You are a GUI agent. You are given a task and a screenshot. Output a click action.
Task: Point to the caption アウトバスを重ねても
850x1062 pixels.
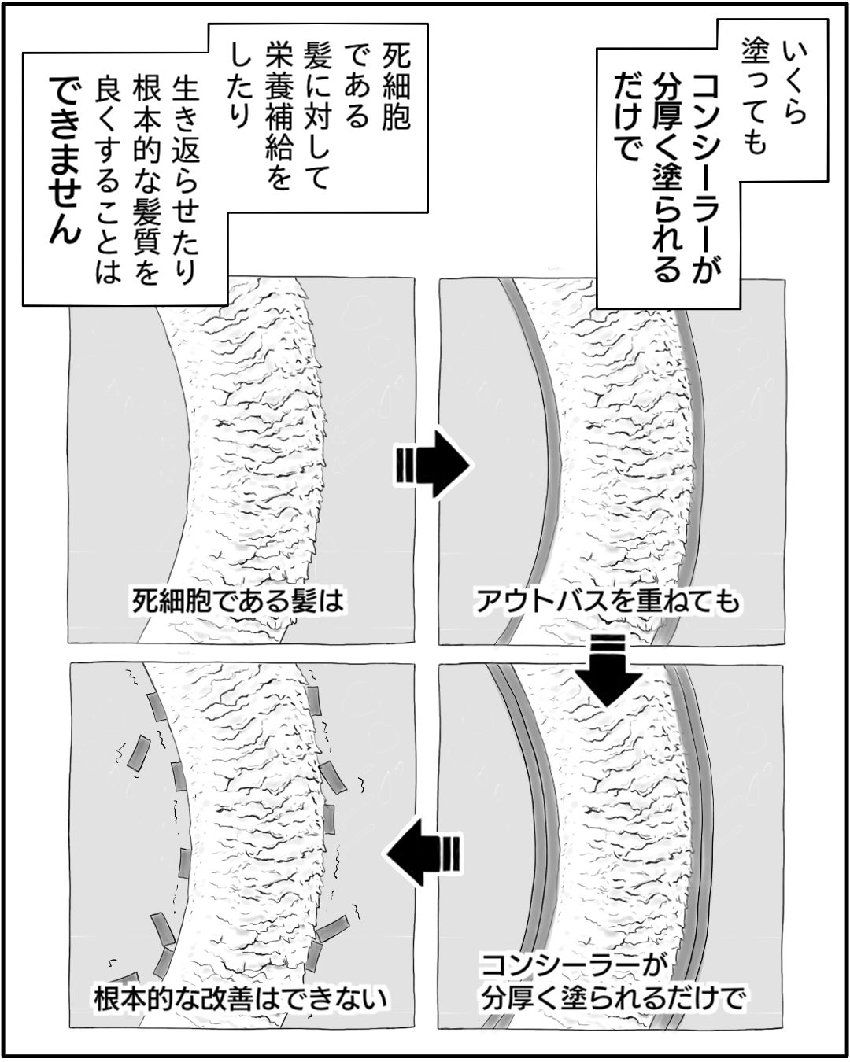tap(608, 602)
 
